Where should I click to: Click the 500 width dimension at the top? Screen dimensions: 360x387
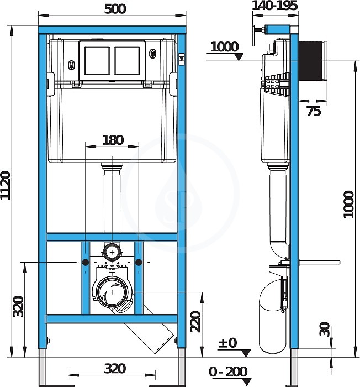(115, 9)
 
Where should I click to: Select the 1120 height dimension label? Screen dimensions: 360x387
(6, 185)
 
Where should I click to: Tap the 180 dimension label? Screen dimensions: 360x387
(113, 140)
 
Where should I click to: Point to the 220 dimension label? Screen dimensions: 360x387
(196, 322)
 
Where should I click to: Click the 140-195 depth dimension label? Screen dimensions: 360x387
(274, 6)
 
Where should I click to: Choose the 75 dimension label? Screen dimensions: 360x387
(314, 111)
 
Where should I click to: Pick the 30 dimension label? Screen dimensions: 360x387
(325, 329)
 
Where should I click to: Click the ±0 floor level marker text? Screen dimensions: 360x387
(227, 343)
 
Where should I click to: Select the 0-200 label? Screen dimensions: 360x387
(228, 372)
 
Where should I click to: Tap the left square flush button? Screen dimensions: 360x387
(97, 61)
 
